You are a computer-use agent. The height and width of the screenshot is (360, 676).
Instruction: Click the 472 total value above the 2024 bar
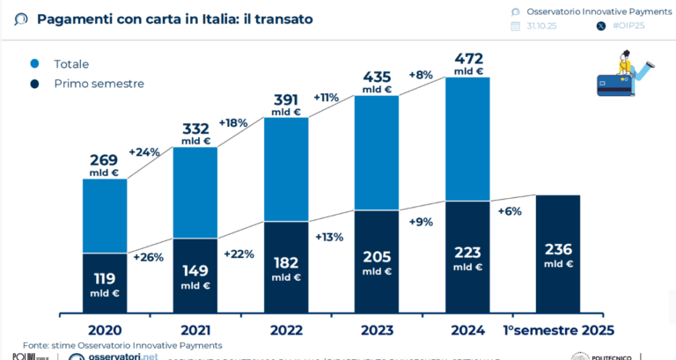tap(467, 60)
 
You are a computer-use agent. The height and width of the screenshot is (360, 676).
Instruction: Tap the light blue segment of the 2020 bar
tap(106, 216)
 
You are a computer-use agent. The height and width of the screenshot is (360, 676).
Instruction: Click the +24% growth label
tap(144, 151)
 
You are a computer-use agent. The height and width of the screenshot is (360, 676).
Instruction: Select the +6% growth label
tap(510, 211)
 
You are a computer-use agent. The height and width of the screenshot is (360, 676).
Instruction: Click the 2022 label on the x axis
tap(286, 330)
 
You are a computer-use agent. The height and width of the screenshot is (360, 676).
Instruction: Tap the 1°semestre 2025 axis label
tap(558, 330)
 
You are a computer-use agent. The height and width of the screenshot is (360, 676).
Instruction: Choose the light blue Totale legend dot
tap(34, 64)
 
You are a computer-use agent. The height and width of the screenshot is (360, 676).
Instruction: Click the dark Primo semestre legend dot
tap(34, 84)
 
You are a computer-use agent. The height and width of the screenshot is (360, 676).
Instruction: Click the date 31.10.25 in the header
tap(543, 26)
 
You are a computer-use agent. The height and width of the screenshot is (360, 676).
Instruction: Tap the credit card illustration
tap(614, 84)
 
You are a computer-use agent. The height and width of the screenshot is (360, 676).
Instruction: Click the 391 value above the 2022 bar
tap(286, 100)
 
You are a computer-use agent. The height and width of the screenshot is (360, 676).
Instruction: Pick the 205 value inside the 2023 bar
tap(377, 257)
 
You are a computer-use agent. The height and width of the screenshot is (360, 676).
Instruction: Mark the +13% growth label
tap(329, 237)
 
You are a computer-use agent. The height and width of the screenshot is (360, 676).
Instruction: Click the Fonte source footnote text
tap(123, 345)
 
